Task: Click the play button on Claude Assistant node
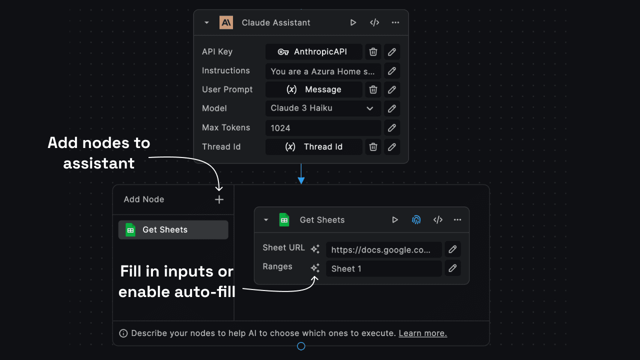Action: click(353, 22)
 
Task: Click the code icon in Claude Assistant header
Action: click(374, 22)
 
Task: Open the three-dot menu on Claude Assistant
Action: click(395, 22)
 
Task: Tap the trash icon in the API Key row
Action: click(373, 52)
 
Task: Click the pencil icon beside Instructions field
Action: click(392, 71)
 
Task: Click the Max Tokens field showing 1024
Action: click(323, 128)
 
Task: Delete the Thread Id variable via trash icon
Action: click(373, 147)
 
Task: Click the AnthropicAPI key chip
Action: click(313, 52)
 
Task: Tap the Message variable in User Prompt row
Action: click(313, 90)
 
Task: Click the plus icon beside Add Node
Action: click(219, 199)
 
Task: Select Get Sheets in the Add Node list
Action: click(173, 230)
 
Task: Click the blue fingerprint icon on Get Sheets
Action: click(416, 220)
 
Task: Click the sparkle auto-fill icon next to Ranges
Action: click(315, 268)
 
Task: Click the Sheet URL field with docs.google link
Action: click(383, 249)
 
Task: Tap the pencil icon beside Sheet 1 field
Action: click(452, 268)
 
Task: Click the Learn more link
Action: click(422, 333)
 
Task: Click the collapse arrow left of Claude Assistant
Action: click(207, 23)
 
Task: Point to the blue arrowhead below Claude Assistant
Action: click(301, 180)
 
